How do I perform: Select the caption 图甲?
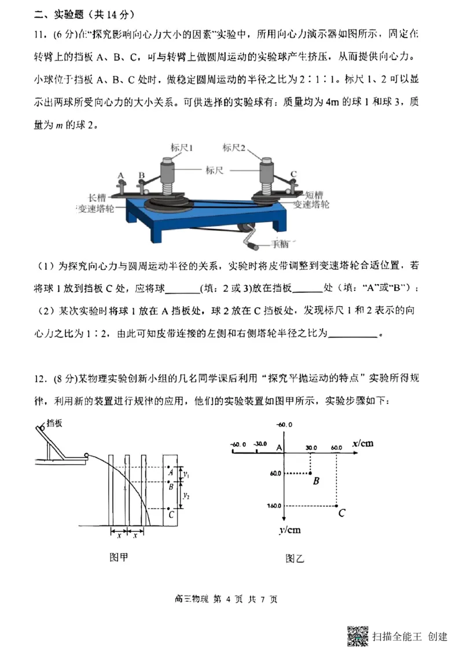tap(119, 557)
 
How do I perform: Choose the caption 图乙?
tap(295, 558)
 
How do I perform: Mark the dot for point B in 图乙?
tap(311, 473)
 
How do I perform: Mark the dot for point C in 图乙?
tap(337, 506)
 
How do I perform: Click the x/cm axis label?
tap(362, 444)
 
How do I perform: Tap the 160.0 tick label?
tap(273, 506)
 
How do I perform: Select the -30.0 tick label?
tap(260, 444)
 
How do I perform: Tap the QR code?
tap(358, 636)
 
